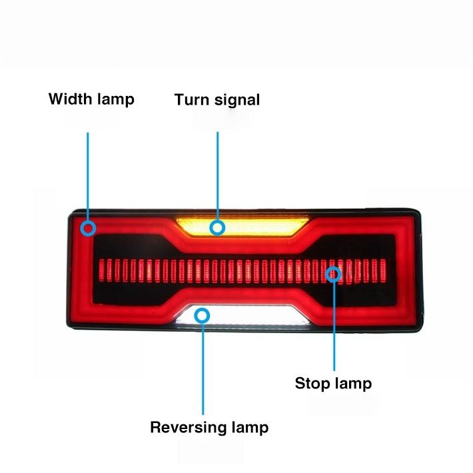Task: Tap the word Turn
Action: click(192, 100)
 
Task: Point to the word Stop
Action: click(312, 384)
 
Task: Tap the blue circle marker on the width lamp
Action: click(88, 229)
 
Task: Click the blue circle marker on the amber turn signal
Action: click(217, 228)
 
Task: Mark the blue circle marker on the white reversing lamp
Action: click(203, 316)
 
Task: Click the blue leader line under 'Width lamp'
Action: click(88, 173)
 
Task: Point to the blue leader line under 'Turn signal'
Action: click(217, 173)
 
